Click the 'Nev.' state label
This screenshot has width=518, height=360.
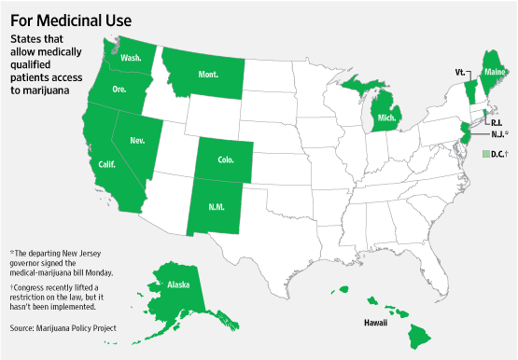point(137,141)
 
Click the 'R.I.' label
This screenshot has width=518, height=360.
point(497,120)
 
